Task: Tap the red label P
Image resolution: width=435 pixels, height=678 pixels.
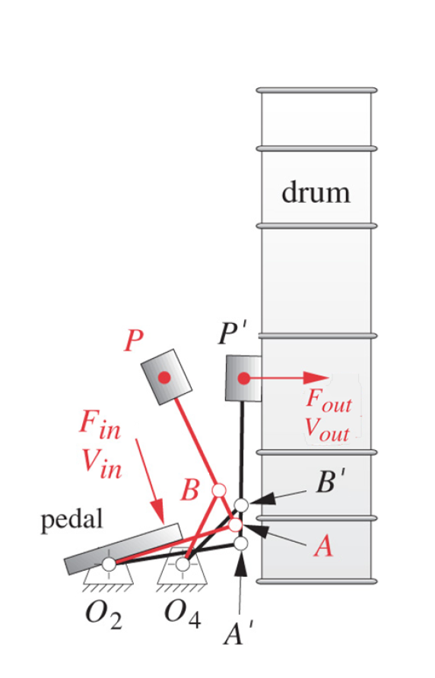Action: click(134, 342)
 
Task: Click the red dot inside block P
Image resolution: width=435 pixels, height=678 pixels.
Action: click(163, 377)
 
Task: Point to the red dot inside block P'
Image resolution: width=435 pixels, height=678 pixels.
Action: click(243, 378)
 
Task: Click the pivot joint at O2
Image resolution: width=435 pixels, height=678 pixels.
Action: click(109, 564)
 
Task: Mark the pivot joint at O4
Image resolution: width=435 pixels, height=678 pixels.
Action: click(183, 564)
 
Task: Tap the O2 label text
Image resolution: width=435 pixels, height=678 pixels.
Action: click(103, 613)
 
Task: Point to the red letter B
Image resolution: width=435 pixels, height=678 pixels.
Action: click(190, 491)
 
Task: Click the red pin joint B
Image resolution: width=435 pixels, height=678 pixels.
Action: click(218, 490)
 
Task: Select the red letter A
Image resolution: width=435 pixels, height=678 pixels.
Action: click(323, 546)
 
